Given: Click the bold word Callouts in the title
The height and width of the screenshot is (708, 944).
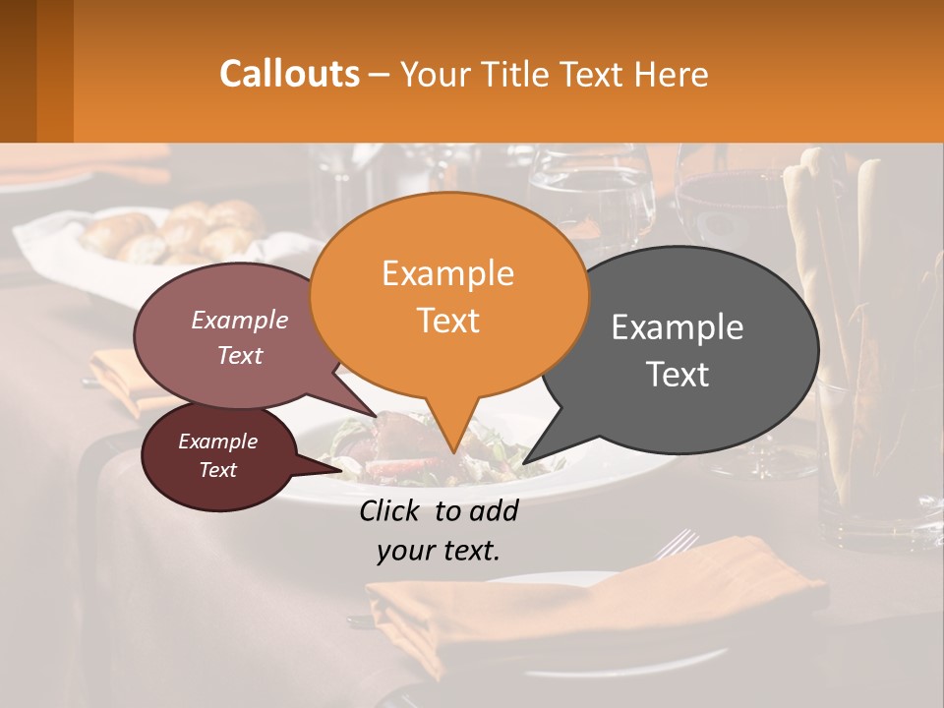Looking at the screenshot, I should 289,74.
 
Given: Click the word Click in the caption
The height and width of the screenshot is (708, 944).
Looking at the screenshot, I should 392,510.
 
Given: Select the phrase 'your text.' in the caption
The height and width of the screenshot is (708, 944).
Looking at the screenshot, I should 439,551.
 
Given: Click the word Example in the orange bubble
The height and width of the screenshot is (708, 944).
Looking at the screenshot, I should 447,273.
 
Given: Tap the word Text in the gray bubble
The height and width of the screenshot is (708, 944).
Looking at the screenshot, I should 678,374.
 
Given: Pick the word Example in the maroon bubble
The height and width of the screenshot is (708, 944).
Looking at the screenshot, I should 217,442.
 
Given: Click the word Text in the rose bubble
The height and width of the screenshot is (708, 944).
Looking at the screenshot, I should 240,355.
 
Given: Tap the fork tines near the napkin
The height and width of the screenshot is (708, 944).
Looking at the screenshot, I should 678,541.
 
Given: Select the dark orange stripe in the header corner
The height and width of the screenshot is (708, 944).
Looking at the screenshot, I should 54,71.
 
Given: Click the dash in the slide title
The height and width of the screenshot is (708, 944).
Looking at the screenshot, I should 381,75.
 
